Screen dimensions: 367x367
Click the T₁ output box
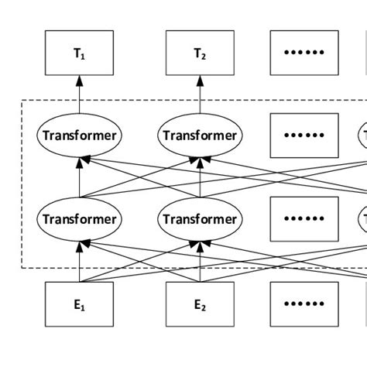click(x=79, y=53)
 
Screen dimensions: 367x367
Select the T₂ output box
click(x=201, y=53)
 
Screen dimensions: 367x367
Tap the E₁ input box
click(x=79, y=304)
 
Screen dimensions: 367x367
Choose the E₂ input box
click(x=201, y=304)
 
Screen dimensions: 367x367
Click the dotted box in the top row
click(x=304, y=53)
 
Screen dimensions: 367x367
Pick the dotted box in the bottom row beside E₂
click(x=304, y=304)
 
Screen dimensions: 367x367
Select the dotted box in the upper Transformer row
click(x=304, y=135)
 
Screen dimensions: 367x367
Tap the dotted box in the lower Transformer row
click(x=304, y=219)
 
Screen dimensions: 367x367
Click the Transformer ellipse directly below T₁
click(x=79, y=135)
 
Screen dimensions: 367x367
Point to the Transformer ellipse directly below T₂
click(x=201, y=135)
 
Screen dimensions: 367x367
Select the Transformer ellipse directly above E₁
click(x=79, y=219)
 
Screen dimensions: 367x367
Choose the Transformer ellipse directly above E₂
click(x=201, y=219)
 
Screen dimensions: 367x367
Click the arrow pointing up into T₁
click(x=79, y=97)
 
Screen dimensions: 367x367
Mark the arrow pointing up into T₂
click(x=201, y=97)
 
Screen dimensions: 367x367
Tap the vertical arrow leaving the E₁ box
click(x=79, y=259)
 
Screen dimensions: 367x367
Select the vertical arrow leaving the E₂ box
click(x=201, y=259)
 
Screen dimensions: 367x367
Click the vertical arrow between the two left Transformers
click(x=79, y=177)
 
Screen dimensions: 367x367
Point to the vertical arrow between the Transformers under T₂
click(x=201, y=177)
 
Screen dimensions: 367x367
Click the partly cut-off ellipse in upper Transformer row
click(x=362, y=135)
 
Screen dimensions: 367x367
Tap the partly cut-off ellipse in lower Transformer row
click(x=362, y=219)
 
